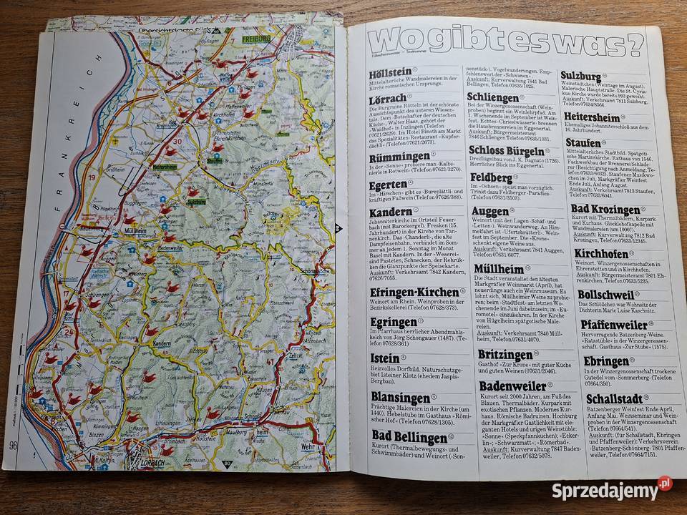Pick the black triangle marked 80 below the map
coord(228,463)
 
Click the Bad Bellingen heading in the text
coord(404,437)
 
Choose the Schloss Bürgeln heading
coord(505,150)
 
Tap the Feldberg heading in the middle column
coord(490,176)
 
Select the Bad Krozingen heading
coord(605,210)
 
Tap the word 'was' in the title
coord(588,43)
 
